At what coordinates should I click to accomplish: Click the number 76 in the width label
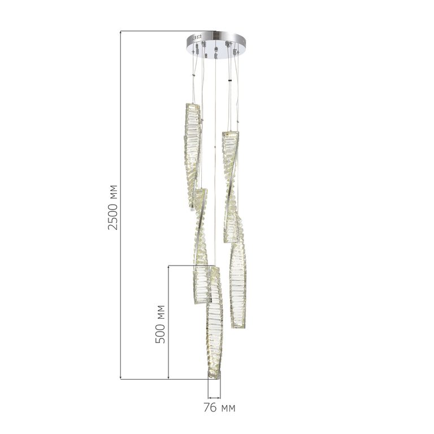tap(210, 407)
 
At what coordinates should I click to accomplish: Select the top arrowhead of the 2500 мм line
tap(121, 33)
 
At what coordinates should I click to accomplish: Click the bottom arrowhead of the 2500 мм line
tap(121, 377)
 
